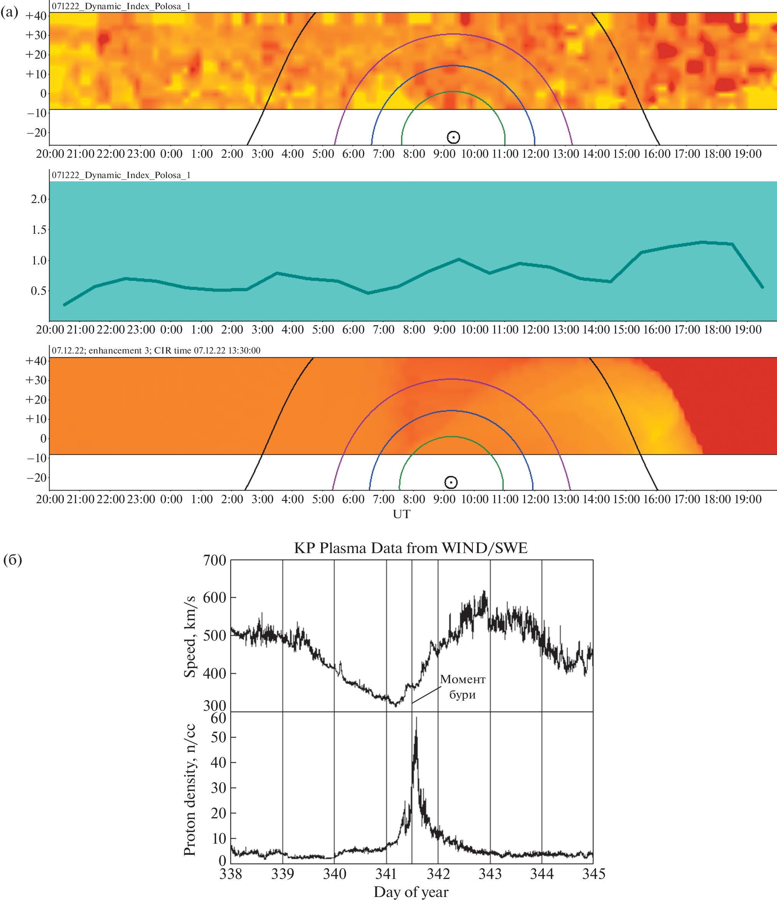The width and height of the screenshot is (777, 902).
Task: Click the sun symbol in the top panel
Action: click(453, 137)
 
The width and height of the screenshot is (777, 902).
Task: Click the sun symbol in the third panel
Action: click(451, 482)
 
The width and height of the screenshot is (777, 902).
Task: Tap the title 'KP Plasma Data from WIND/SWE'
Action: click(411, 548)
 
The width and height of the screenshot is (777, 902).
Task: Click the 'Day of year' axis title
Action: click(411, 892)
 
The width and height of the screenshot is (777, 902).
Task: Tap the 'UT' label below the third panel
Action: click(401, 514)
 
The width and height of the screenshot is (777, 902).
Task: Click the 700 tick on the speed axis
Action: click(215, 561)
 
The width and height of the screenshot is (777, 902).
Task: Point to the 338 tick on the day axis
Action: click(231, 874)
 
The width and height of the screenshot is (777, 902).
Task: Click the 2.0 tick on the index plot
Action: click(39, 199)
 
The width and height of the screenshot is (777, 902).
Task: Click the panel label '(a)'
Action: click(10, 12)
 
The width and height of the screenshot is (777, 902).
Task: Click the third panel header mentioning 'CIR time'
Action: click(156, 350)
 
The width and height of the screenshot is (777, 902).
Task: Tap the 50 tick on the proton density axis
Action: click(218, 737)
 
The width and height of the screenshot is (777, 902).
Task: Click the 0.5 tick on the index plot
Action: click(39, 291)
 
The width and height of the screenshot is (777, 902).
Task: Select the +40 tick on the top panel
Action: click(36, 16)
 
